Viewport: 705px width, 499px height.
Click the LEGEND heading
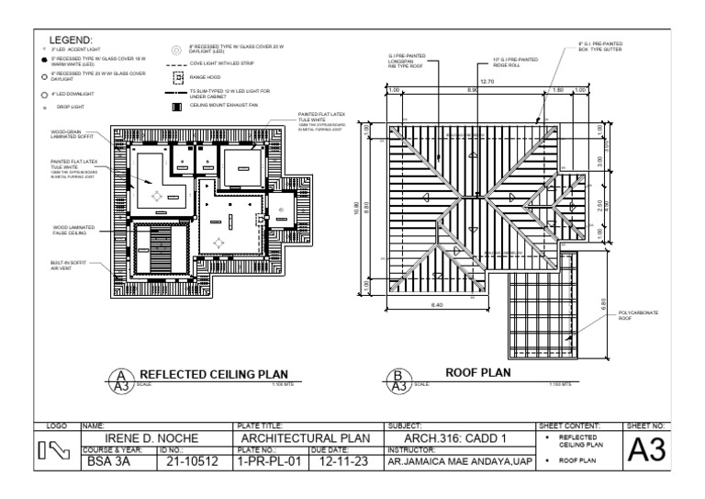click(x=70, y=40)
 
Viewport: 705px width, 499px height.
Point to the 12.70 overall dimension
click(x=487, y=82)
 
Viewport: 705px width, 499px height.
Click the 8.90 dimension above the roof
click(x=473, y=90)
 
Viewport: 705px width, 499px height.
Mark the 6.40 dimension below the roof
click(x=437, y=305)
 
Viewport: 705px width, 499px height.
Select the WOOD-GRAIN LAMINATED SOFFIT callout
click(x=72, y=135)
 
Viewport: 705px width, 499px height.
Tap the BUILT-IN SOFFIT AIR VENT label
click(x=68, y=266)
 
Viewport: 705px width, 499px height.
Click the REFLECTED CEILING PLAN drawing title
click(x=213, y=374)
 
